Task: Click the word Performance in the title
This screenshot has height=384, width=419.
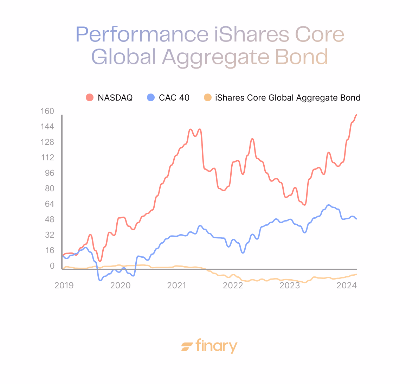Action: click(142, 34)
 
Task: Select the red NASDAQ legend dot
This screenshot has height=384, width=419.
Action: click(90, 97)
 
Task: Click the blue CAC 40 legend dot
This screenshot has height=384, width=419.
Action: click(150, 97)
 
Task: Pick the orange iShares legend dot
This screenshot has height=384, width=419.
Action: click(208, 97)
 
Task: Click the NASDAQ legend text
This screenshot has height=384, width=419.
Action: click(115, 98)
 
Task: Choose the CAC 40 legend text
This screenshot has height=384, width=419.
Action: click(174, 98)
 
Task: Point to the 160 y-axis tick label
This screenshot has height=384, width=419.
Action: click(47, 111)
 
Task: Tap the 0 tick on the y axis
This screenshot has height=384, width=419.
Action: click(52, 266)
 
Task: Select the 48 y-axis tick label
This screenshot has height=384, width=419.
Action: click(49, 219)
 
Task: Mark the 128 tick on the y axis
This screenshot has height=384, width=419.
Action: click(47, 142)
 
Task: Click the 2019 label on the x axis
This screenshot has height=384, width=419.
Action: click(64, 285)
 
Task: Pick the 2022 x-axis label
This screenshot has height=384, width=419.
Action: click(233, 285)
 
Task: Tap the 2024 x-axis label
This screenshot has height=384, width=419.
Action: click(346, 285)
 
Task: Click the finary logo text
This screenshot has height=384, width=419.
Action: click(217, 346)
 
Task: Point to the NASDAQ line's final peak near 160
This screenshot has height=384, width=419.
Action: click(356, 115)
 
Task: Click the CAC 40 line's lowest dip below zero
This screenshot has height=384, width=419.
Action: click(100, 280)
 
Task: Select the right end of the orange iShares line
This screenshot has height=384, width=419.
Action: click(356, 274)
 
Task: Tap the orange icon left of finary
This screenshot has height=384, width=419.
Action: click(187, 347)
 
